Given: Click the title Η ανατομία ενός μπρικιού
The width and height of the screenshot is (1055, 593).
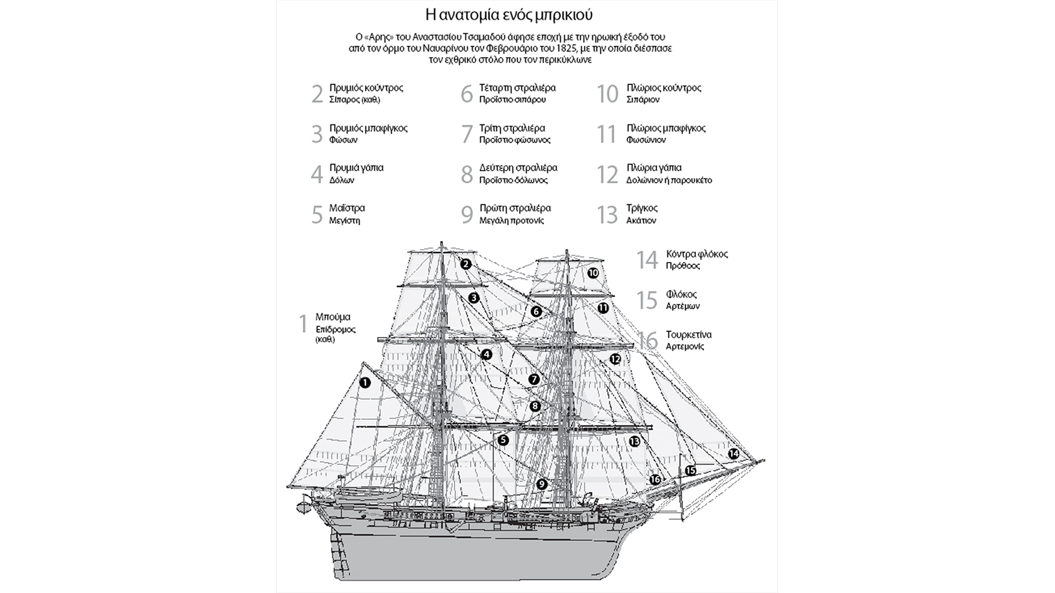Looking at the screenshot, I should [509, 13].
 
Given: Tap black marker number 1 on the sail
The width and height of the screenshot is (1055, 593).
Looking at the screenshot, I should [365, 383].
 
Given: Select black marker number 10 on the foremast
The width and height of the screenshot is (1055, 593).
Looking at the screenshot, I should [593, 273].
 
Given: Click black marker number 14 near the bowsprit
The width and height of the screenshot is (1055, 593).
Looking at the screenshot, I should [734, 454].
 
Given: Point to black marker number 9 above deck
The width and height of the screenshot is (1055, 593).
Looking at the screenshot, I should [542, 484].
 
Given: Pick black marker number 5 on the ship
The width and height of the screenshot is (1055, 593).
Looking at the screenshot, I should [503, 440].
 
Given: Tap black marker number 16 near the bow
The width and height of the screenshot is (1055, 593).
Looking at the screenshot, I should [655, 479].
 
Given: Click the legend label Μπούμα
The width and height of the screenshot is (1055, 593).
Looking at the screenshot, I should [332, 317].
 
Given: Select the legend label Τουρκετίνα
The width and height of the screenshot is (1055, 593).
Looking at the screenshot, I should [688, 334].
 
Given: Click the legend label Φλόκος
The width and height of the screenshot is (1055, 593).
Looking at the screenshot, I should [681, 294].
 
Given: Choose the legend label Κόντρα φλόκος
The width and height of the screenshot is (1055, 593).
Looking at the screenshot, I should [697, 254].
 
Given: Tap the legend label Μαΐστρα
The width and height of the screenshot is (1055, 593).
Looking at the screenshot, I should [347, 208].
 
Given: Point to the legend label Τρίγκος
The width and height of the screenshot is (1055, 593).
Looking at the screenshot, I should [642, 208].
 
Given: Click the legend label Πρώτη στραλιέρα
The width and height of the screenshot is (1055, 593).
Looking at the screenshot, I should [515, 208].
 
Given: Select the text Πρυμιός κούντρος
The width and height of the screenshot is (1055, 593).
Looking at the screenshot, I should [366, 88].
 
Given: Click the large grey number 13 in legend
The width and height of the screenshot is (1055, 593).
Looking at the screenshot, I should [607, 215].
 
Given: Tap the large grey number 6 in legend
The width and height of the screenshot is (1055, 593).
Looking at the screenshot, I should [467, 94].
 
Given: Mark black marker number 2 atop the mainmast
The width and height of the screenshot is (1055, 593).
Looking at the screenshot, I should [466, 264].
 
